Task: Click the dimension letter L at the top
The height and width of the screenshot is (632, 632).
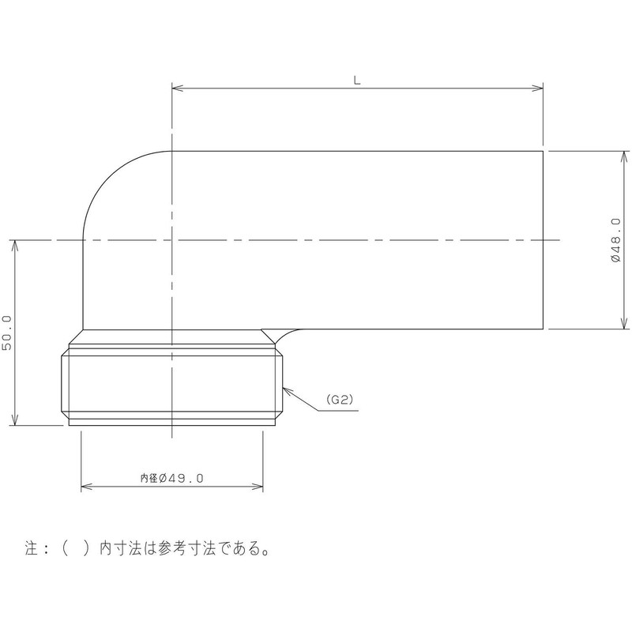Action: (357, 79)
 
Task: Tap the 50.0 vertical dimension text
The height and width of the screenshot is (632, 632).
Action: (8, 333)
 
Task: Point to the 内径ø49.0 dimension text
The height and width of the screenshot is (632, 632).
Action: (172, 478)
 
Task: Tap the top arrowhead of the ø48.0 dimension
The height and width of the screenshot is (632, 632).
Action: (624, 154)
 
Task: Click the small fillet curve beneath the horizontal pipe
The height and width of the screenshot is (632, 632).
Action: (280, 333)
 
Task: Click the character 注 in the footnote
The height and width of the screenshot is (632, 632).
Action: (32, 548)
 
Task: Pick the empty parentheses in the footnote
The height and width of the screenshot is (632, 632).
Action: (76, 548)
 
